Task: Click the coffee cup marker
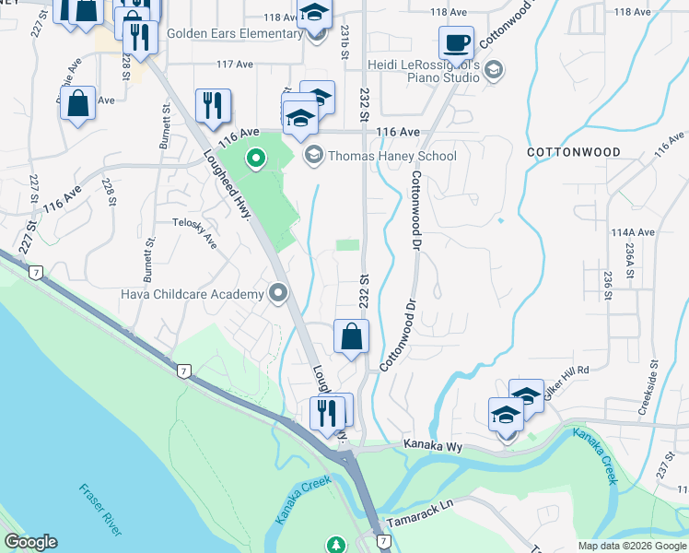pos(456,41)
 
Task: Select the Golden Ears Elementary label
pos(248,34)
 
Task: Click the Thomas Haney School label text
pos(392,156)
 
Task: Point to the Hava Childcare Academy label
pos(193,294)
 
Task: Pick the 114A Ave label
pos(632,232)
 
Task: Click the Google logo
pos(30,542)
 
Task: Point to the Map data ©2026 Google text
pos(631,546)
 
